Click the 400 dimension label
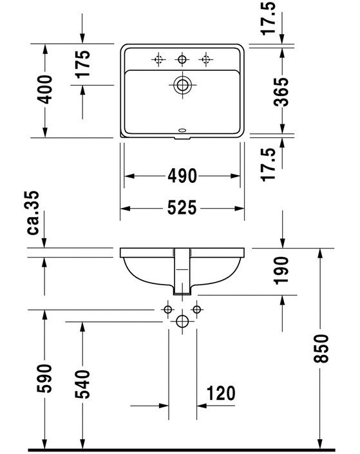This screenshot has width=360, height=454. point(44,90)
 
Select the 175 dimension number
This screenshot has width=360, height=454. point(82,64)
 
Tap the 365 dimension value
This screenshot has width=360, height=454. point(281,91)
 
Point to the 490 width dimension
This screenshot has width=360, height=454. point(182,176)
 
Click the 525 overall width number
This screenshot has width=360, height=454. point(182,207)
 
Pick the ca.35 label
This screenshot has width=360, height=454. point(33,213)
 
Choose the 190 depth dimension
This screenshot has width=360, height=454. point(281,270)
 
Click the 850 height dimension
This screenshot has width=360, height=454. point(321,348)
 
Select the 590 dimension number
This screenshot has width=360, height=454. point(44,379)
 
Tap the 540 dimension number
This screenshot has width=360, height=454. point(82,384)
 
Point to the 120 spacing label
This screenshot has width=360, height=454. point(221,393)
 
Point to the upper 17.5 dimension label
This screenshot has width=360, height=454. point(268,19)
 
